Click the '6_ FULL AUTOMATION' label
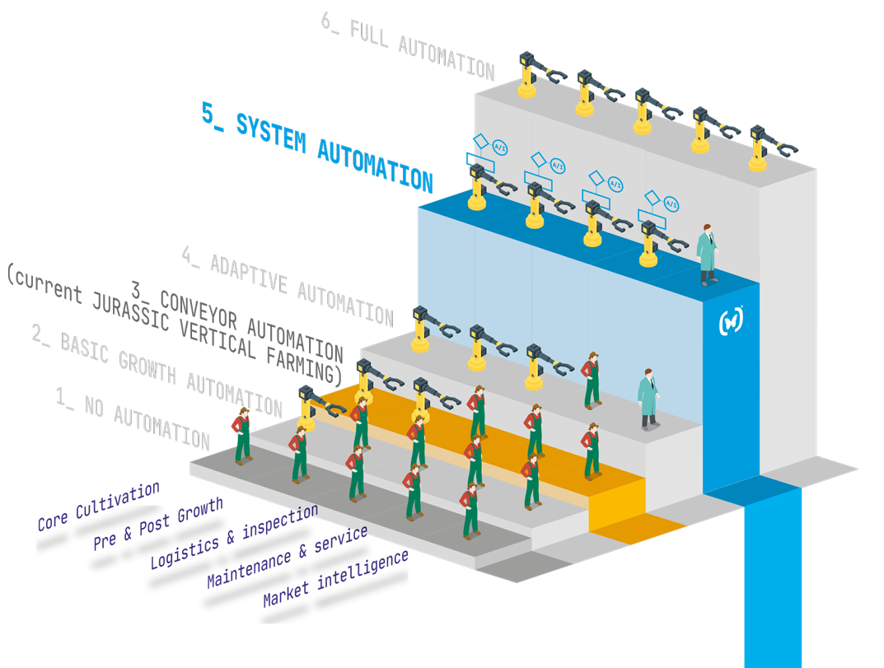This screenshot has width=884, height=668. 408,48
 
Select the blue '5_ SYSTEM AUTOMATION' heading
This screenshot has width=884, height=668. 317,146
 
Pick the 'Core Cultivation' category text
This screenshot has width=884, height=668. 99,506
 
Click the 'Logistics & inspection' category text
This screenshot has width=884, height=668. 233,536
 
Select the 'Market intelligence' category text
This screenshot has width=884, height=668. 335,577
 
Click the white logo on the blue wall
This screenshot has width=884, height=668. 731,321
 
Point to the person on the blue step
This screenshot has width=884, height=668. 707,254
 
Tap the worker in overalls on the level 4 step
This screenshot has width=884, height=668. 592,380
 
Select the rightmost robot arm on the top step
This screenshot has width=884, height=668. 762,147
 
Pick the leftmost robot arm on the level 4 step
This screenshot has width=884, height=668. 427,325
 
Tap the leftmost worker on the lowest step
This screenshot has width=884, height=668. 242,436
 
